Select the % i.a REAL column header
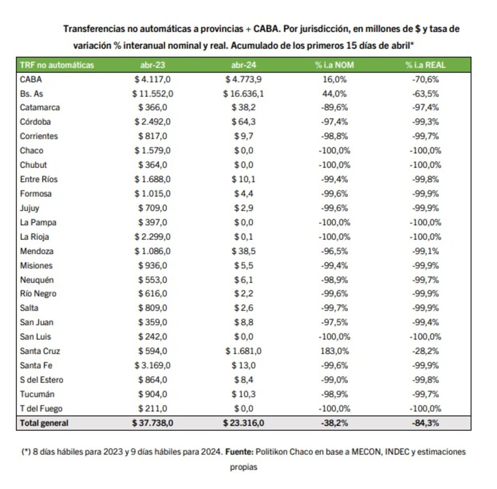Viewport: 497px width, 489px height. (x=425, y=65)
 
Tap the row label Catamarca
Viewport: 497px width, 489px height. (x=40, y=107)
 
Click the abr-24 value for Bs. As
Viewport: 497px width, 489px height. (x=244, y=93)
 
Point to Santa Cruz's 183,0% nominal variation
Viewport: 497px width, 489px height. (x=334, y=351)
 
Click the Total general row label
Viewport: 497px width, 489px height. (x=44, y=423)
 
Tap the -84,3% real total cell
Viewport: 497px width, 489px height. (x=425, y=423)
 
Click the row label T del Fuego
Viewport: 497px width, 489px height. (x=41, y=409)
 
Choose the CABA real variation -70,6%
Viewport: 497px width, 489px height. (x=425, y=79)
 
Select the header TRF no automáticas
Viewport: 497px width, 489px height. (x=57, y=65)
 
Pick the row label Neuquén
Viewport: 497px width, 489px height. (x=37, y=280)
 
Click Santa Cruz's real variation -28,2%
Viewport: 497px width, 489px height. (x=425, y=351)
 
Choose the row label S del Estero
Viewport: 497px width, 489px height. (x=42, y=380)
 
